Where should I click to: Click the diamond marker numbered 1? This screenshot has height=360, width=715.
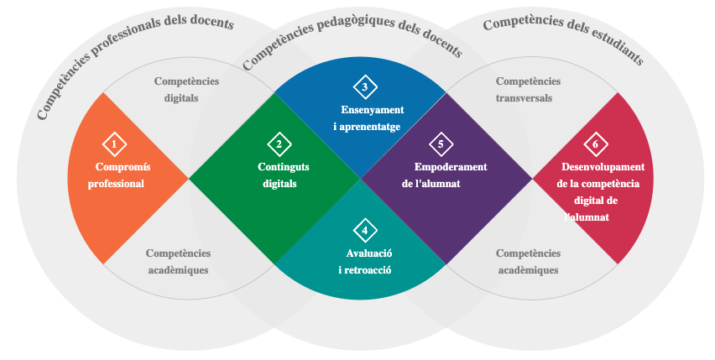(114, 143)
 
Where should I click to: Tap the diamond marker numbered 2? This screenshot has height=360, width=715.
(279, 143)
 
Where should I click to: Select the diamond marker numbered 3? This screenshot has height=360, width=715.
(365, 86)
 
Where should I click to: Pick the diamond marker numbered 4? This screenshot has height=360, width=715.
(364, 230)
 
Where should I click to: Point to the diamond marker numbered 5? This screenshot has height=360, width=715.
(441, 143)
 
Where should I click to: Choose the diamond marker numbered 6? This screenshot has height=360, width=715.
(595, 143)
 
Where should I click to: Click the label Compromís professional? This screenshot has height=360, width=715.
(118, 175)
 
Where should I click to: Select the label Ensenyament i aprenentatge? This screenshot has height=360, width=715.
(371, 118)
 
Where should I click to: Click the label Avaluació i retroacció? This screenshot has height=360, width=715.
(367, 262)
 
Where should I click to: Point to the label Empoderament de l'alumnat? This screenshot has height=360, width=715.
(445, 175)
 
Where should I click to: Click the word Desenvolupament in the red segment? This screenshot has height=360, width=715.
(603, 167)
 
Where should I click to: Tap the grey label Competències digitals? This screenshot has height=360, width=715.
(185, 90)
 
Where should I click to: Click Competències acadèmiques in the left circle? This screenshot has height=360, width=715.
(178, 262)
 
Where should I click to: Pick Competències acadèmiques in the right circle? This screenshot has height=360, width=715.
(528, 262)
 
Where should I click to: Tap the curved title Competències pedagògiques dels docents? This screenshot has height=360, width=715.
(352, 39)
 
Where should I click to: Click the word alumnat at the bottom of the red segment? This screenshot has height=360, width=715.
(589, 217)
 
